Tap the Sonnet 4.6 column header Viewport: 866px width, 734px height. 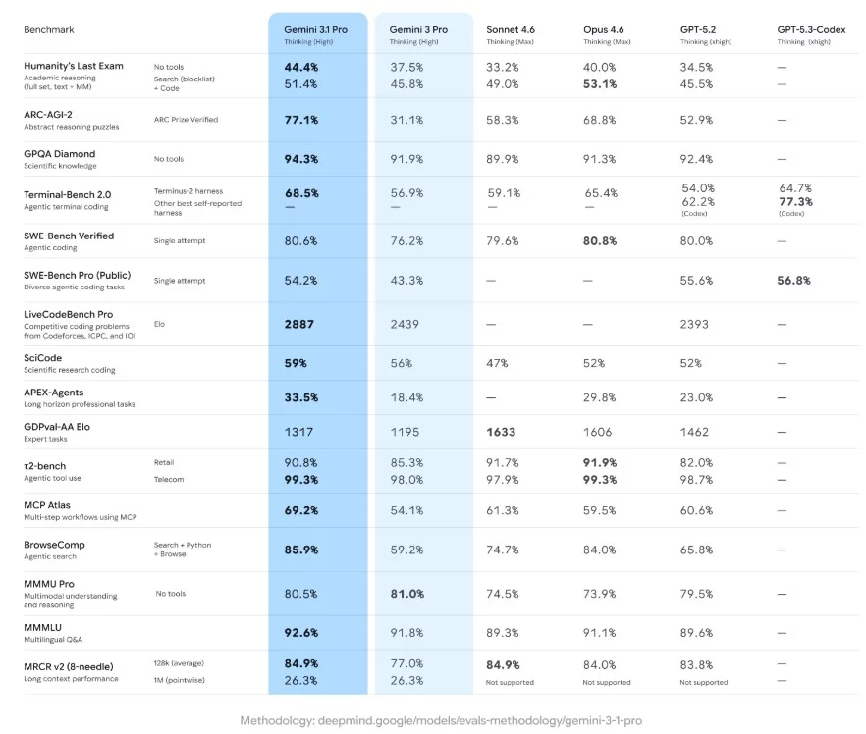511,29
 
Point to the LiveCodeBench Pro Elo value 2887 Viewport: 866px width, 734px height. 298,323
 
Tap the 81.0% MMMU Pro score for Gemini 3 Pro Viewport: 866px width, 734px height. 407,594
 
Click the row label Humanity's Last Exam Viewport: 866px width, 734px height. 74,66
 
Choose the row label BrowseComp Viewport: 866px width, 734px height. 58,544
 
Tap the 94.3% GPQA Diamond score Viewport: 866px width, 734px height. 300,159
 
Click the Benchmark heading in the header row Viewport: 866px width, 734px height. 49,29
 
